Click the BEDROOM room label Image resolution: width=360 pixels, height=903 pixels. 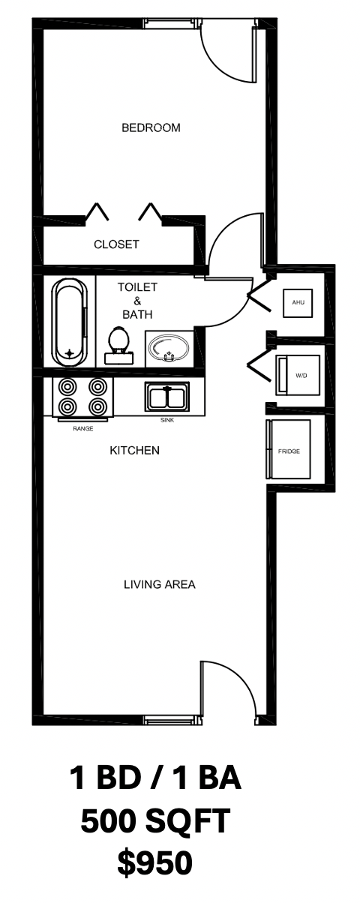click(x=151, y=127)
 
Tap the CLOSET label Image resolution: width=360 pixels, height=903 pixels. click(x=116, y=244)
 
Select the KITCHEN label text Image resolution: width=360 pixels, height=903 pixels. click(x=135, y=450)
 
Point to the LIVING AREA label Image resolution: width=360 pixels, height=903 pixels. click(x=160, y=584)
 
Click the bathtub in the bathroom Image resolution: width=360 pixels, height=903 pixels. click(x=71, y=322)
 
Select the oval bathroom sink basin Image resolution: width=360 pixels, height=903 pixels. click(x=169, y=348)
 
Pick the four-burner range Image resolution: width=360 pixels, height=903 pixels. click(x=82, y=397)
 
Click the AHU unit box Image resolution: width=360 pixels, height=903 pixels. click(x=298, y=303)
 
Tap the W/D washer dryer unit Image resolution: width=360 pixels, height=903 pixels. click(x=298, y=375)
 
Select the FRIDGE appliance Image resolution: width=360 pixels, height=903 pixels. click(x=288, y=449)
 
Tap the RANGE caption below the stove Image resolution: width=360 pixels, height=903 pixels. click(x=83, y=428)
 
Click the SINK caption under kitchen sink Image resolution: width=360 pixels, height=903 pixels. click(x=167, y=420)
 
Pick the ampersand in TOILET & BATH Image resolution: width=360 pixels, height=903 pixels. click(x=137, y=301)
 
